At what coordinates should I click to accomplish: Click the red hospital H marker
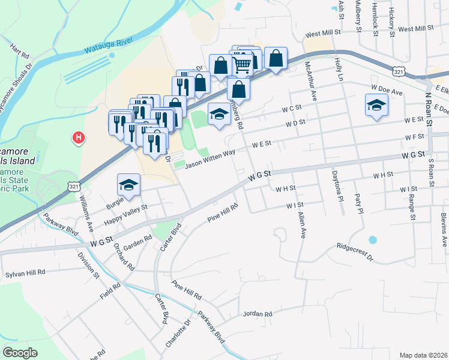point(78,138)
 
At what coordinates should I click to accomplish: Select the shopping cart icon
point(242,63)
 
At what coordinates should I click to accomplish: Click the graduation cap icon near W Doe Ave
point(377,106)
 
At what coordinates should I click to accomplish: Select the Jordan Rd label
point(258,314)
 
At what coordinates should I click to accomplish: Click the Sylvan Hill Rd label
point(25,272)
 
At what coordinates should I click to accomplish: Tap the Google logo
point(20,352)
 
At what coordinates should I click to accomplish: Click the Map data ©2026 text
point(423,355)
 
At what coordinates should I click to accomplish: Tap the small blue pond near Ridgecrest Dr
point(373,240)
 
